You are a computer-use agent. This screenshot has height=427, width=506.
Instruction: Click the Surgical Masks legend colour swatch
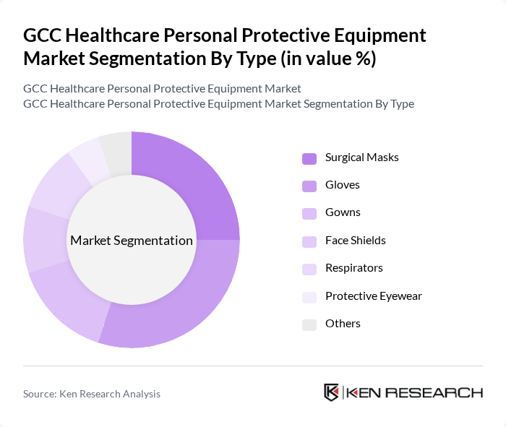tap(309, 158)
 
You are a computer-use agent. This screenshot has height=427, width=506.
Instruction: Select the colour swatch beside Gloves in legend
tap(309, 186)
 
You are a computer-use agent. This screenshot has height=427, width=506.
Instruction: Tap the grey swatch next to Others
tap(309, 324)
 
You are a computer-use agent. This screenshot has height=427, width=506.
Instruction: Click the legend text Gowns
tap(343, 212)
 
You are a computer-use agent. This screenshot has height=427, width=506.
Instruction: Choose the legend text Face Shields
tap(356, 240)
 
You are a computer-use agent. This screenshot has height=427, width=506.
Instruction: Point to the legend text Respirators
tap(354, 268)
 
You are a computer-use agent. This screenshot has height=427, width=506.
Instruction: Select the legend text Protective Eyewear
tap(374, 296)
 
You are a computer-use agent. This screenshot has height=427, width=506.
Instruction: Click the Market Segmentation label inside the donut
tap(132, 241)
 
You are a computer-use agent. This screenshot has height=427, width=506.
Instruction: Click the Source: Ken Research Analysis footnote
tap(92, 394)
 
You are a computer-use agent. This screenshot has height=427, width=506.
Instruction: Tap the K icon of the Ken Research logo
tap(332, 392)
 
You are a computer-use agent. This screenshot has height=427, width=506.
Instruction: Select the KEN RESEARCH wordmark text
tap(414, 393)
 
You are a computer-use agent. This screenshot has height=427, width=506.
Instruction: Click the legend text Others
tap(343, 324)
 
